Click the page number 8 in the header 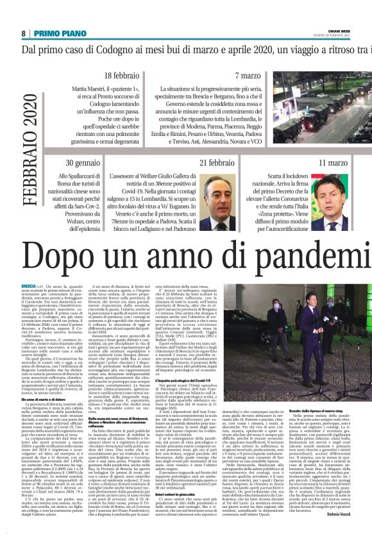coord(24,33)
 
